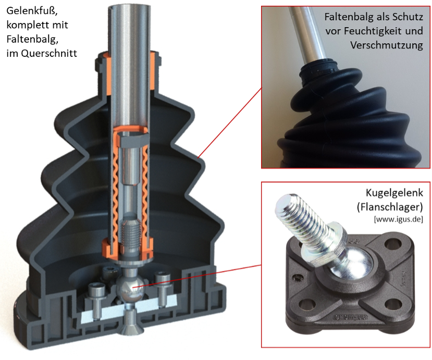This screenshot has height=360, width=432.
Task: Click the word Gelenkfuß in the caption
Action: click(x=32, y=11)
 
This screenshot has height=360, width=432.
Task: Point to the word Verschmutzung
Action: click(x=387, y=45)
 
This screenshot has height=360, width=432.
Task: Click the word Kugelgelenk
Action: click(x=394, y=193)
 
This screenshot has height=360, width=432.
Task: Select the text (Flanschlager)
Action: click(x=390, y=207)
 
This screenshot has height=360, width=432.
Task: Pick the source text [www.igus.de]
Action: click(x=398, y=219)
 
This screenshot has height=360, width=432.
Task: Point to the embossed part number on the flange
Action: click(x=351, y=318)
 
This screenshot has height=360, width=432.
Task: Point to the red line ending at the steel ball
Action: click(x=196, y=276)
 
